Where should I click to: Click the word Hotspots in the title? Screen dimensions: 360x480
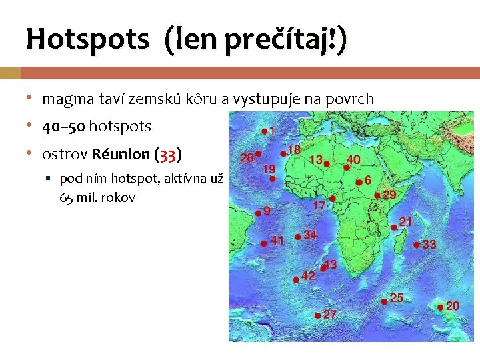tap(87, 39)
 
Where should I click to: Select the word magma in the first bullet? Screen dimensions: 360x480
tap(63, 99)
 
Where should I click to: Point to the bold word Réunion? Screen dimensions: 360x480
tap(121, 155)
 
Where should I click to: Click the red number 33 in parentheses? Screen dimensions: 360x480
tap(167, 155)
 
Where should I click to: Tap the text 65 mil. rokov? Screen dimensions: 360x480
tap(97, 198)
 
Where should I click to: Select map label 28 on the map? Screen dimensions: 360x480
tap(246, 157)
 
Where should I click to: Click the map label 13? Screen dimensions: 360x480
tap(315, 159)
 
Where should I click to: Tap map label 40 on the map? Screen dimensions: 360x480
tap(353, 159)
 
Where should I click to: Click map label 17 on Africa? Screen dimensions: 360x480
tap(319, 206)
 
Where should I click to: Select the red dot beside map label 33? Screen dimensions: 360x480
tap(417, 245)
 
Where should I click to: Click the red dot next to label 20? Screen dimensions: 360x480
tap(440, 307)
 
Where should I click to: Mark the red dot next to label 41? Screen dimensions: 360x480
tap(263, 243)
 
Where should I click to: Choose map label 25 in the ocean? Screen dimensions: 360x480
tap(397, 297)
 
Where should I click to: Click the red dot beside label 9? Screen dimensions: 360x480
tap(258, 212)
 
